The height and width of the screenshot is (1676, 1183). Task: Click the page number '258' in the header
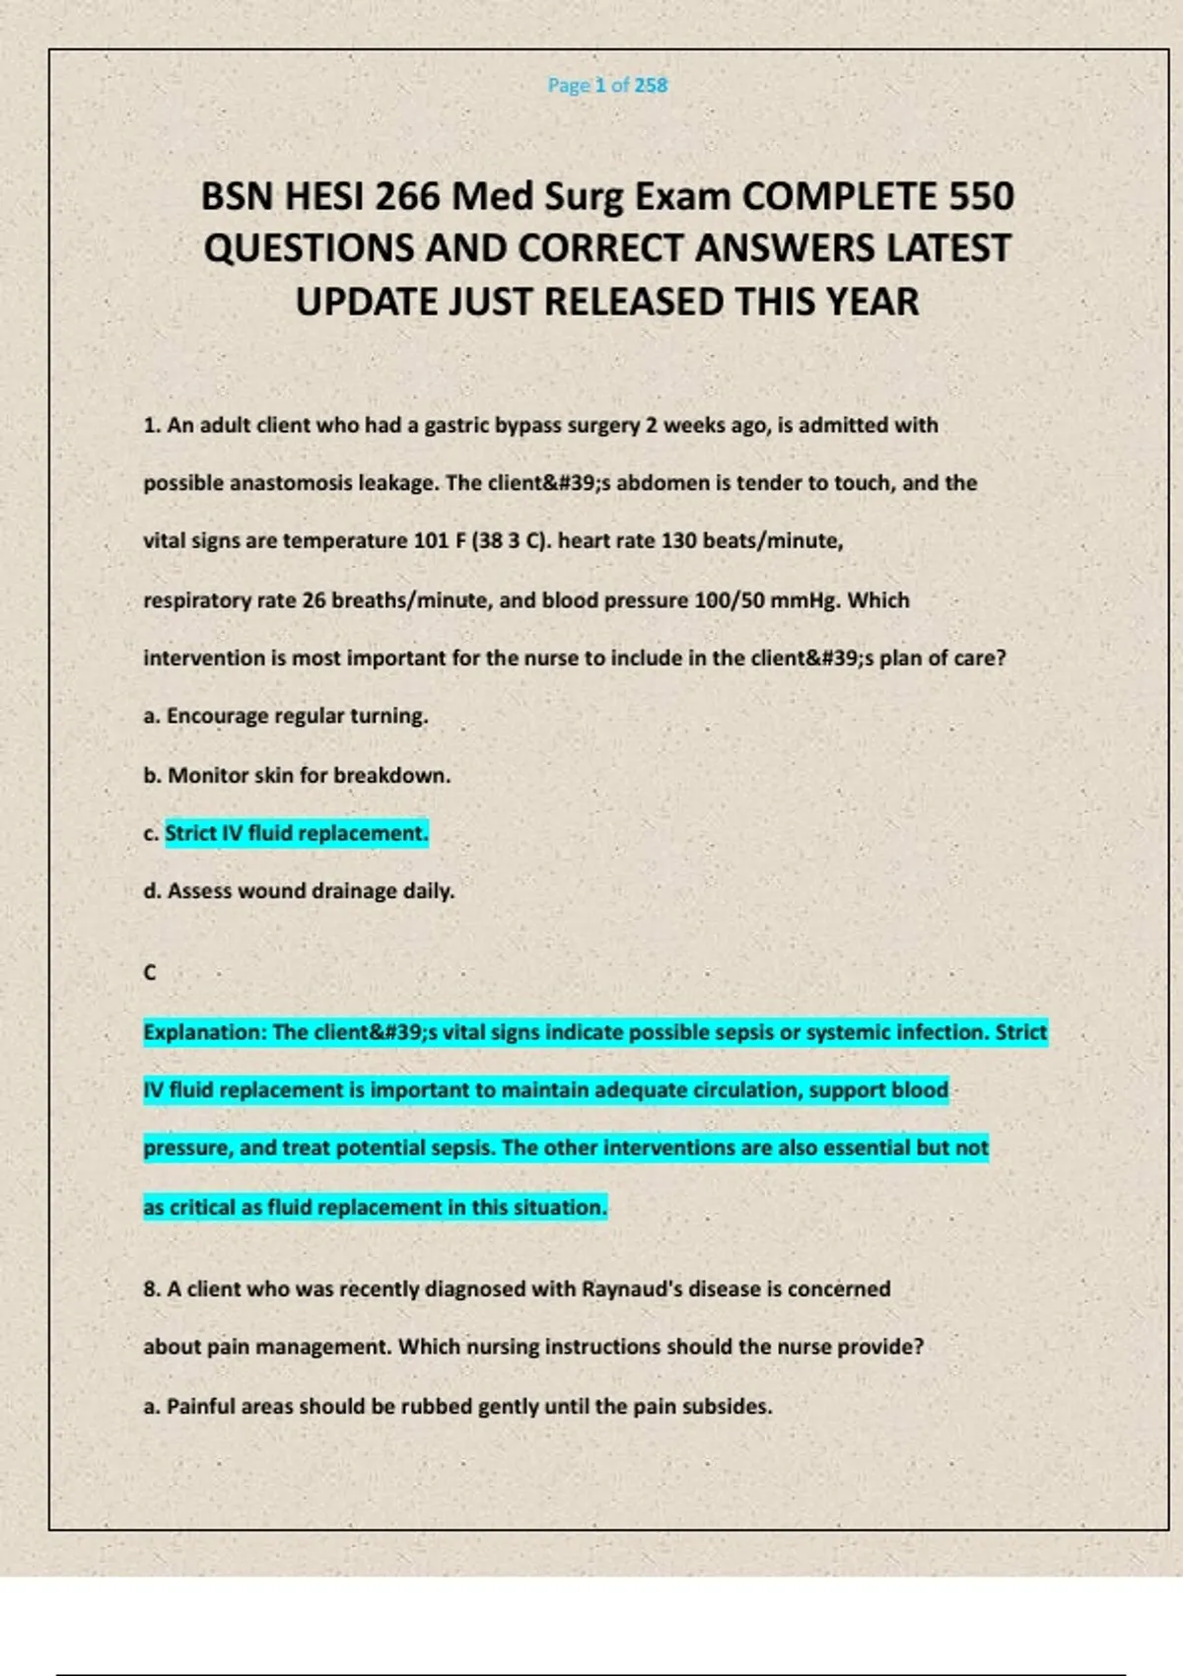(651, 86)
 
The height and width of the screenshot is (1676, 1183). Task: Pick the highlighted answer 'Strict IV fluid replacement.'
(296, 833)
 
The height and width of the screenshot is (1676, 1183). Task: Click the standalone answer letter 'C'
(150, 973)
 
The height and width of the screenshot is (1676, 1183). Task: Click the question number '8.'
(152, 1290)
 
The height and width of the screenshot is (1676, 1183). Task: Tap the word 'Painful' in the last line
(200, 1407)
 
